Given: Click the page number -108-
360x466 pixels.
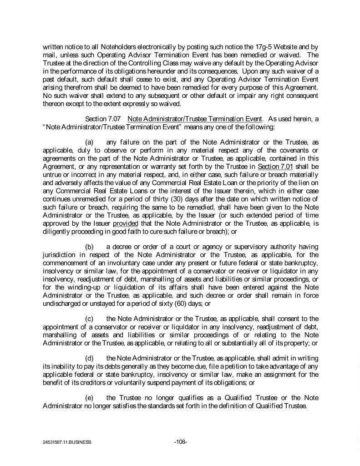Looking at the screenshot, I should point(180,441).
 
